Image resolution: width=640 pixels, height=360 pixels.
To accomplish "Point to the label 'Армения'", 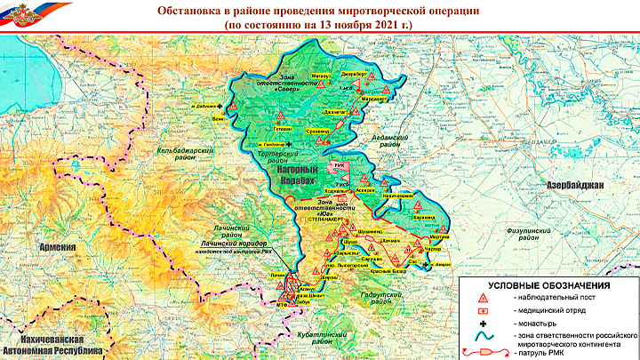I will pyautogui.click(x=49, y=250).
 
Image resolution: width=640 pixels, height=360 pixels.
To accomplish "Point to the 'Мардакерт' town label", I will pyautogui.click(x=378, y=98).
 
